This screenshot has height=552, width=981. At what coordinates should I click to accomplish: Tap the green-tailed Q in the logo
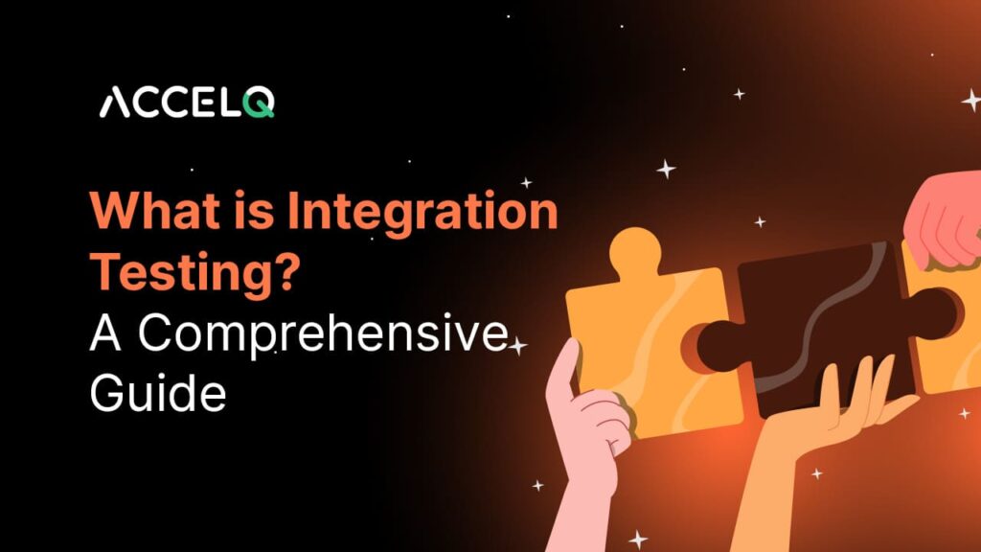tap(259, 101)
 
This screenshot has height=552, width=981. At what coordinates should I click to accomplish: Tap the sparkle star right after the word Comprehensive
tap(518, 346)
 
